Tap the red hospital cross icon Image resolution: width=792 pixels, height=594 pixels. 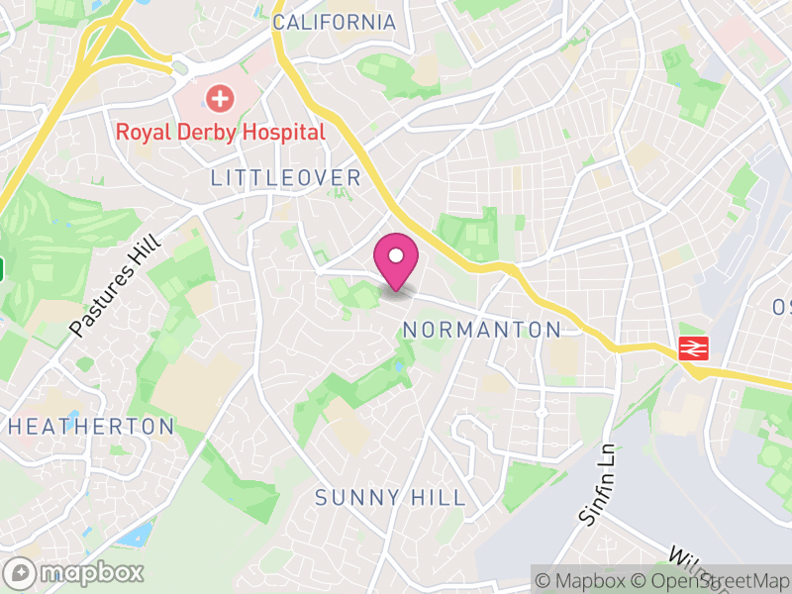click(219, 98)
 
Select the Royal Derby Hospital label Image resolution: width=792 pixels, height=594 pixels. click(220, 132)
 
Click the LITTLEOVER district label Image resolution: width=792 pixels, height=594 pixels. click(285, 178)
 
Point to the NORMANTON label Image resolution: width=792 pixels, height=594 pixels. click(482, 330)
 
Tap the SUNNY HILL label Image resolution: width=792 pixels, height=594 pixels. click(389, 497)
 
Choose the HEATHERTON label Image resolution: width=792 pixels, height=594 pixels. click(90, 427)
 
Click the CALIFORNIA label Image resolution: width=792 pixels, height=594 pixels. click(334, 22)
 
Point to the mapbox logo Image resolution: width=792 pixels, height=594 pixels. click(75, 572)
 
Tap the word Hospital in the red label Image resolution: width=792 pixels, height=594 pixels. click(281, 132)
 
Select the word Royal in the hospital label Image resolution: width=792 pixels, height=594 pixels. click(141, 132)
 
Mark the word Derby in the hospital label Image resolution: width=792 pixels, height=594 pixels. click(202, 132)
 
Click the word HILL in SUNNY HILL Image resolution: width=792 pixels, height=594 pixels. click(436, 497)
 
